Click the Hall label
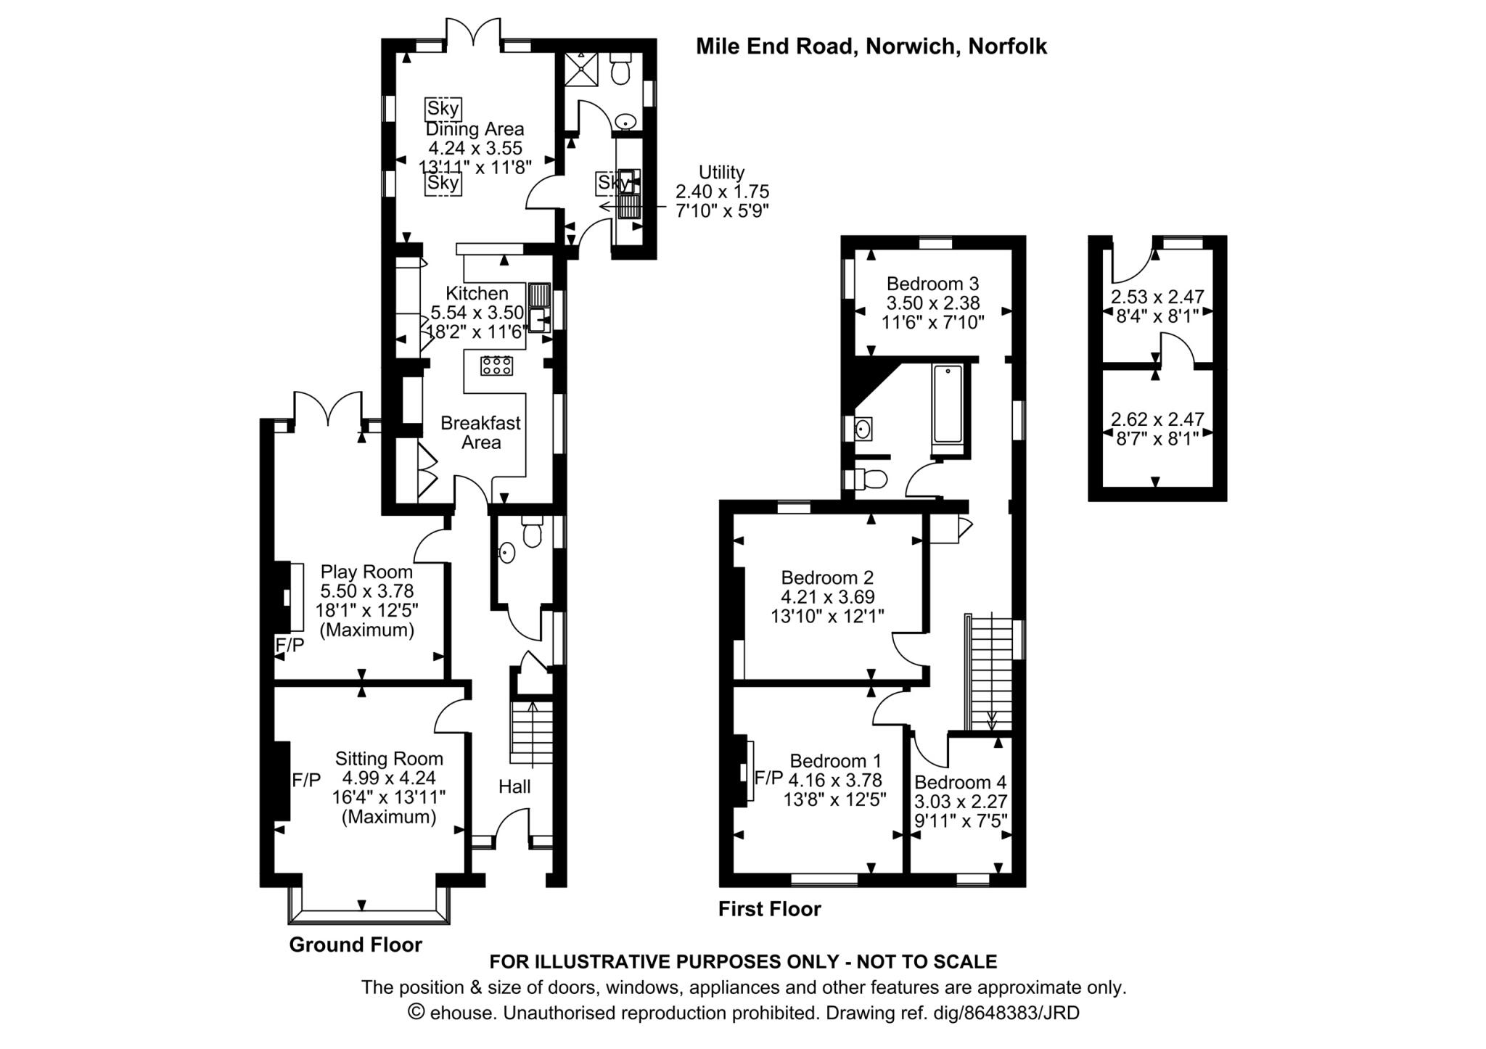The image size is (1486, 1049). pyautogui.click(x=514, y=786)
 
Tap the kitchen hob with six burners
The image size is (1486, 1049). pyautogui.click(x=496, y=366)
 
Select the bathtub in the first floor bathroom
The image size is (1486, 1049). pyautogui.click(x=948, y=404)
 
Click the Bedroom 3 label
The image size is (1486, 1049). pyautogui.click(x=932, y=283)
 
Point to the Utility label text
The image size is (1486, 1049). pyautogui.click(x=721, y=172)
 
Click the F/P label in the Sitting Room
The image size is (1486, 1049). pyautogui.click(x=306, y=781)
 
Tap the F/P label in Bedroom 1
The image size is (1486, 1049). pyautogui.click(x=768, y=778)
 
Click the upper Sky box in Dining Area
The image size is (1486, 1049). pyautogui.click(x=443, y=109)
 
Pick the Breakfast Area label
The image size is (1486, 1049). pyautogui.click(x=480, y=432)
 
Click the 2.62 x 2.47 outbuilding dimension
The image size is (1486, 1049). pyautogui.click(x=1157, y=419)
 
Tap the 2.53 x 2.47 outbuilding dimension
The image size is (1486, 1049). pyautogui.click(x=1157, y=297)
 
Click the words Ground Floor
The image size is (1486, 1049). pyautogui.click(x=356, y=945)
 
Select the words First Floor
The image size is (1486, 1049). pyautogui.click(x=769, y=909)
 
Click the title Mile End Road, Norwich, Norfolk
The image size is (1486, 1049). pyautogui.click(x=871, y=46)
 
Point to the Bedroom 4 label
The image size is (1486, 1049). pyautogui.click(x=960, y=782)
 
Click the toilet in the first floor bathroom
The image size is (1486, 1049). pyautogui.click(x=868, y=479)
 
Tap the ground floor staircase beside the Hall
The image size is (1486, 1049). pyautogui.click(x=532, y=732)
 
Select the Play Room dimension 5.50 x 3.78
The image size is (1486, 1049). pyautogui.click(x=367, y=591)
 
